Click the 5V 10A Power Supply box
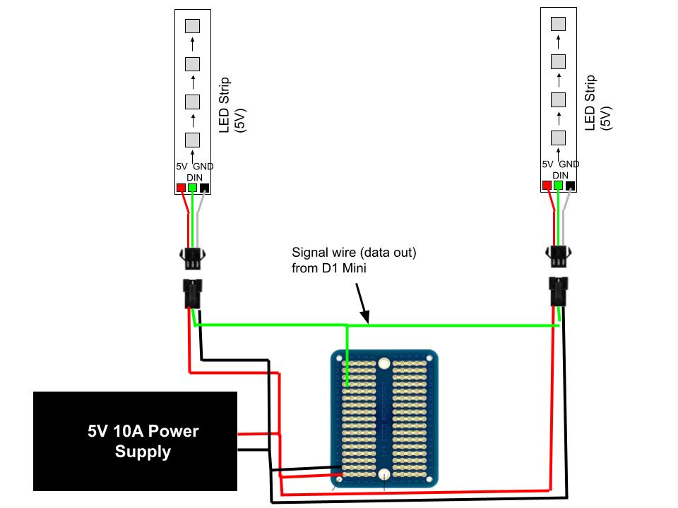click(x=136, y=441)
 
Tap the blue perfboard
click(x=384, y=418)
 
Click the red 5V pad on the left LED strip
click(x=182, y=188)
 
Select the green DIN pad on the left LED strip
click(x=192, y=188)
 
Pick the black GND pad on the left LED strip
click(x=204, y=188)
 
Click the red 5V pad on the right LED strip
click(x=547, y=186)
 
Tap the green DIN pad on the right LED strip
click(x=558, y=186)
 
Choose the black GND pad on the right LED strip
click(x=570, y=186)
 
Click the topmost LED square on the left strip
click(x=192, y=26)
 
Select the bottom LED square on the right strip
click(x=558, y=138)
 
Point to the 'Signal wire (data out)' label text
click(x=354, y=253)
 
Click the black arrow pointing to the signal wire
click(x=362, y=303)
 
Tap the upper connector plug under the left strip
click(x=192, y=258)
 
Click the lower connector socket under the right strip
click(x=558, y=291)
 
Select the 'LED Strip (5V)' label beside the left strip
click(x=232, y=105)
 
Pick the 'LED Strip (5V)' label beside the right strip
click(x=598, y=103)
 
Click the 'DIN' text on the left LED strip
click(x=195, y=178)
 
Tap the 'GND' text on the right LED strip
click(x=569, y=164)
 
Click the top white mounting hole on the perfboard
click(x=384, y=363)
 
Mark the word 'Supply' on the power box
click(x=143, y=452)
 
